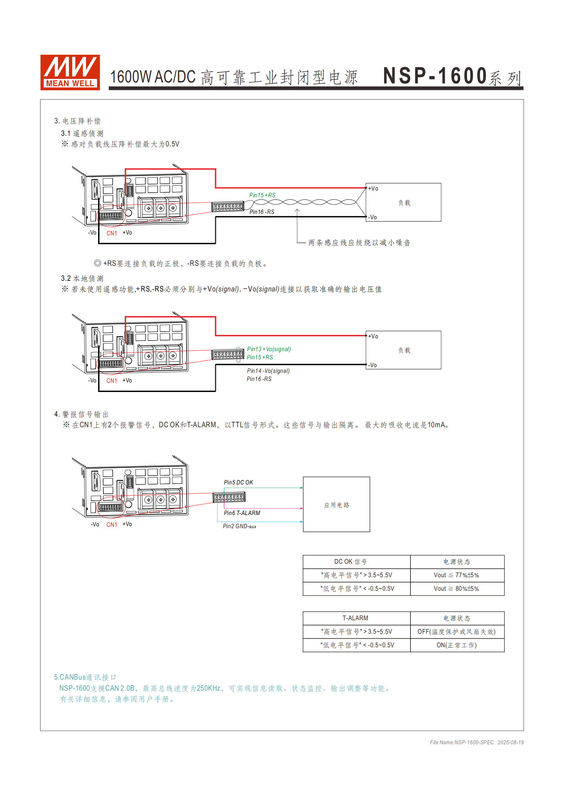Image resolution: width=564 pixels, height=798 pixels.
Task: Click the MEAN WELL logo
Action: (70, 72)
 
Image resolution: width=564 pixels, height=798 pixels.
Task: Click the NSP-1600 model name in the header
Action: (435, 76)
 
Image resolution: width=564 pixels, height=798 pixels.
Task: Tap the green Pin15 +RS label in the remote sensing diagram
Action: (262, 195)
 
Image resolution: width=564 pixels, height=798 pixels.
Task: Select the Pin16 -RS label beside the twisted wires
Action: (262, 212)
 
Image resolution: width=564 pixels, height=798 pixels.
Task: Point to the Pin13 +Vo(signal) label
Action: (269, 349)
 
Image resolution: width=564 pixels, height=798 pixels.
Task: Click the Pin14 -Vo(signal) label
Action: (268, 371)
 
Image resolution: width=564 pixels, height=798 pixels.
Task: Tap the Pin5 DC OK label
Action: (238, 482)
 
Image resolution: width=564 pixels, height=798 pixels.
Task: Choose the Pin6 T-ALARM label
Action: (242, 513)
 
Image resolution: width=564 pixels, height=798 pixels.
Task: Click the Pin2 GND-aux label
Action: (240, 526)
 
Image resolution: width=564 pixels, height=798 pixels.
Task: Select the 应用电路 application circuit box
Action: (336, 504)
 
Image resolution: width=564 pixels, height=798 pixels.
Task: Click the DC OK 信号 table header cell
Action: (356, 562)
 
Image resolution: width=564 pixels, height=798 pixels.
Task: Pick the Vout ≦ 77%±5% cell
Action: (457, 575)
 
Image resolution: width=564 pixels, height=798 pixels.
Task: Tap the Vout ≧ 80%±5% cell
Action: (457, 589)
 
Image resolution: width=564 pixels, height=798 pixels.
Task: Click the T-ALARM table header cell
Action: (356, 618)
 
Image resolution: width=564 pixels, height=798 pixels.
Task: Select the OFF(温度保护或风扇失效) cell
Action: (457, 632)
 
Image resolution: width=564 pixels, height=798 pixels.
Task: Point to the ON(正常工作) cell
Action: (457, 645)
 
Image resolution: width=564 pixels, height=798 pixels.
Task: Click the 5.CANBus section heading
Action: (85, 677)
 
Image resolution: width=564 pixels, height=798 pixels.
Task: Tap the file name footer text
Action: (477, 742)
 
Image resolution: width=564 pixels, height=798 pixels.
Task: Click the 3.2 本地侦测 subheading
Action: (82, 278)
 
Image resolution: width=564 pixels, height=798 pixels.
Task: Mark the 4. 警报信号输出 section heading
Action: (81, 414)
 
